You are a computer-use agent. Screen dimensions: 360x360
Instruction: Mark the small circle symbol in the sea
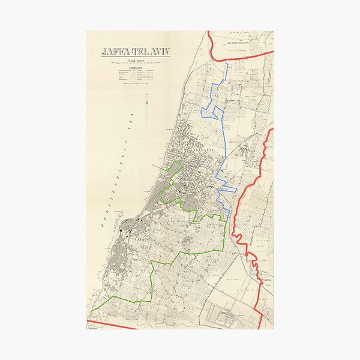click(146, 103)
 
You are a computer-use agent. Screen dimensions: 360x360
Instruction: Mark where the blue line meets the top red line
click(227, 59)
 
